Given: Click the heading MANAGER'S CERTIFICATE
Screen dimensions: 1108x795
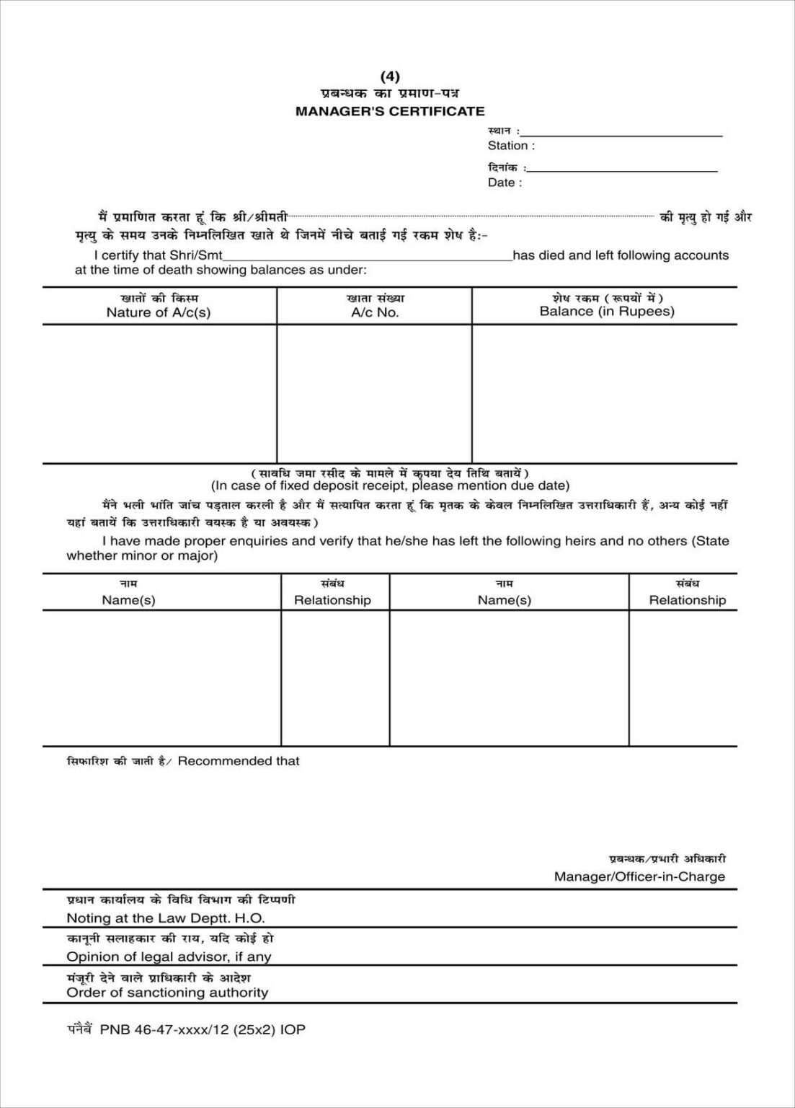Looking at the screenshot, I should tap(390, 111).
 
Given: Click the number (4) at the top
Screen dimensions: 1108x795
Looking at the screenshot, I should tap(389, 76).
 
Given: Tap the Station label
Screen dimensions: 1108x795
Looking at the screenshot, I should tap(511, 146).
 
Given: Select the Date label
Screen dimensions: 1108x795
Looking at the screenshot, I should tap(505, 183).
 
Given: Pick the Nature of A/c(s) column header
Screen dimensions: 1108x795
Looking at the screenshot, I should tap(159, 312).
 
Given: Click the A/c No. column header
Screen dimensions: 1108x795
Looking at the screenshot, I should tap(375, 312).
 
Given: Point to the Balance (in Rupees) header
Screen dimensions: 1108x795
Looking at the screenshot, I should tap(607, 312).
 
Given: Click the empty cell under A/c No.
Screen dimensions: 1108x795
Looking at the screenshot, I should tap(375, 393).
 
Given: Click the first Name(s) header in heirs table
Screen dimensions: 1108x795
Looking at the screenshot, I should tap(128, 600).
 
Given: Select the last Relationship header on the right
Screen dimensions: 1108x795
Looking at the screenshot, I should tap(687, 600).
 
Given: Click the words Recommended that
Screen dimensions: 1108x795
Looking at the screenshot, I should tap(239, 761).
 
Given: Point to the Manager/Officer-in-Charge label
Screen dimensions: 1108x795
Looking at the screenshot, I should tap(639, 876).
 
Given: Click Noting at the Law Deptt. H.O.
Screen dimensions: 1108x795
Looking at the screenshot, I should tap(166, 918).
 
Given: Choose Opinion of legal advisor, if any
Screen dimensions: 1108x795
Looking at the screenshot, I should tap(169, 957).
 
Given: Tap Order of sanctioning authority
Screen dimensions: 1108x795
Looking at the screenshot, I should tap(167, 993).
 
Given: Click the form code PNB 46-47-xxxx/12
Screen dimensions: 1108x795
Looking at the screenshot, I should tap(202, 1029).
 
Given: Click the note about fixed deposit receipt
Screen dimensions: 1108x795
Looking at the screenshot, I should tap(390, 485).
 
